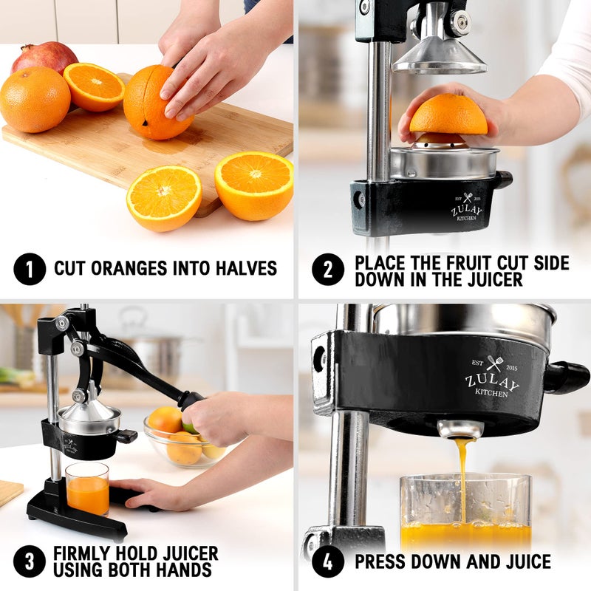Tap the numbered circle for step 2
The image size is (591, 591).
click(327, 269)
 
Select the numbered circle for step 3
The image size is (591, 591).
click(30, 561)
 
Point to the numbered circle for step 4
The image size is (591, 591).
click(327, 561)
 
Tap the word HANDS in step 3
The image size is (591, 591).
click(184, 570)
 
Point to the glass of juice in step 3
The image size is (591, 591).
click(86, 489)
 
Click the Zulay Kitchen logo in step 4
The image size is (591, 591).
click(491, 378)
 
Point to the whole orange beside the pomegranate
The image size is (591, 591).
click(34, 99)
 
